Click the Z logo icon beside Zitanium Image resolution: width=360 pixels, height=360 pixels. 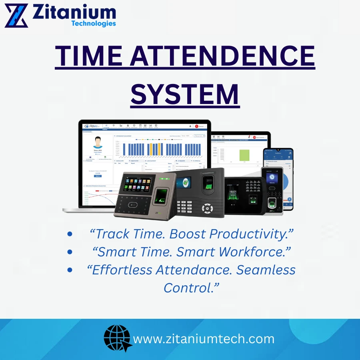tap(16, 15)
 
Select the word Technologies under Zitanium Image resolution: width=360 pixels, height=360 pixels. tap(93, 24)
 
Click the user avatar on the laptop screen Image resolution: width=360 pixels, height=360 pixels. tap(98, 143)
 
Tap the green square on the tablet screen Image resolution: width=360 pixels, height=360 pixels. tap(244, 155)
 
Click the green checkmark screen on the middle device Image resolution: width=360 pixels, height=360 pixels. tap(185, 182)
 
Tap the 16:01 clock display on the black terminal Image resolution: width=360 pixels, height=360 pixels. tap(233, 192)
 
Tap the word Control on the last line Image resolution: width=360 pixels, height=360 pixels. tap(191, 288)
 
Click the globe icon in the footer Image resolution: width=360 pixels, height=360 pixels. tap(118, 338)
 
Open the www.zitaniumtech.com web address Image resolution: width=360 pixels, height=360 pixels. tap(204, 339)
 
